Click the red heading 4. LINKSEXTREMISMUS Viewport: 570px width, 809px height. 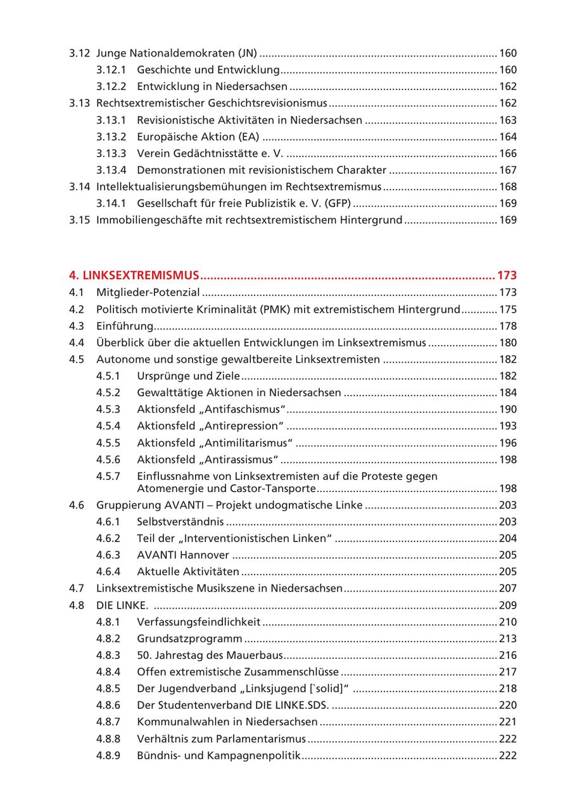click(134, 275)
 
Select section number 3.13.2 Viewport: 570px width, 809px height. click(111, 137)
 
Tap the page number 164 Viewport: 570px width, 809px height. click(508, 137)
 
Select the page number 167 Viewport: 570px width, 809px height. click(508, 170)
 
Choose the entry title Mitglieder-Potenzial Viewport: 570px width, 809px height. click(148, 292)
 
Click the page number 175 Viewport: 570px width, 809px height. click(508, 309)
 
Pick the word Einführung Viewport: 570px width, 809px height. click(125, 326)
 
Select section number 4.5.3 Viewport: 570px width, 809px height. click(108, 410)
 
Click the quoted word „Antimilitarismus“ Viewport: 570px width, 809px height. click(254, 443)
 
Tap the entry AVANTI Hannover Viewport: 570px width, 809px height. click(183, 555)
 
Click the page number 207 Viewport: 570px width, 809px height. click(508, 588)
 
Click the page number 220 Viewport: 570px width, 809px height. click(508, 705)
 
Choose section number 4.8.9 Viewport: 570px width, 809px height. click(108, 756)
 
